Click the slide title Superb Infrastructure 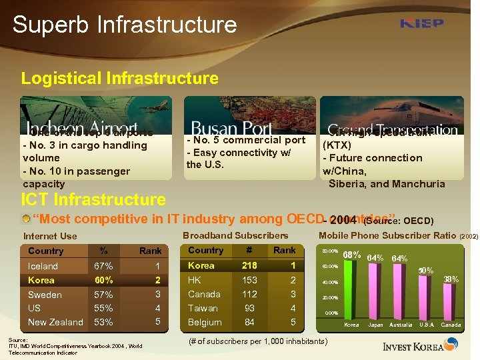point(125,25)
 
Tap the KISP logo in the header point(421,23)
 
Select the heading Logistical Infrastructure point(119,78)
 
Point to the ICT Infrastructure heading point(93,199)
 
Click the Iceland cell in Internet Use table point(43,266)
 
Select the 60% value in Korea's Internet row point(103,280)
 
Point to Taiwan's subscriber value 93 point(249,309)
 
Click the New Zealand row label point(55,323)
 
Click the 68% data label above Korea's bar point(351,255)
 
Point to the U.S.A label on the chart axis point(426,325)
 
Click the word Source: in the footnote point(18,339)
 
